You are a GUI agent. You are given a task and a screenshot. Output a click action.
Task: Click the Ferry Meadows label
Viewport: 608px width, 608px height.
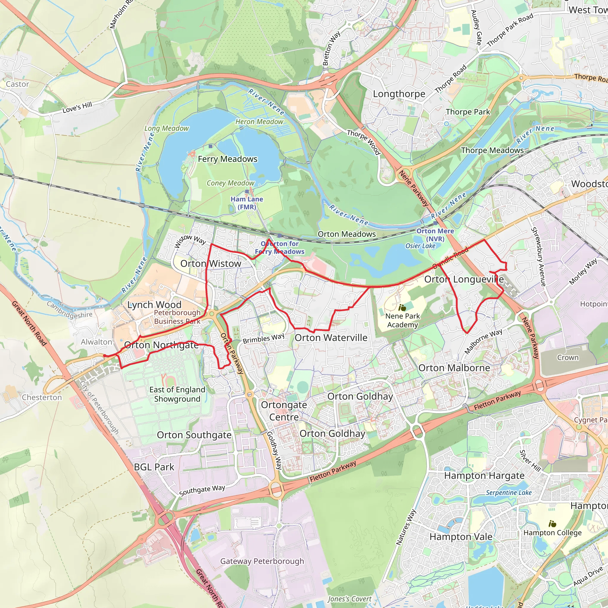pyautogui.click(x=227, y=159)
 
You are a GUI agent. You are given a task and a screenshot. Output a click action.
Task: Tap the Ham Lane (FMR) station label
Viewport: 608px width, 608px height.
pyautogui.click(x=247, y=203)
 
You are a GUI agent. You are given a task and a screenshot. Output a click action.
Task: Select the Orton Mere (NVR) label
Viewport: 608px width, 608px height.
pyautogui.click(x=435, y=235)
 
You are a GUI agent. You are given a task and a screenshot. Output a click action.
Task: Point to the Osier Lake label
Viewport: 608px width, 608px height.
pyautogui.click(x=420, y=246)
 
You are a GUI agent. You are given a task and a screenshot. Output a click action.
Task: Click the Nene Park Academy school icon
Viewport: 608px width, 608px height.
pyautogui.click(x=402, y=308)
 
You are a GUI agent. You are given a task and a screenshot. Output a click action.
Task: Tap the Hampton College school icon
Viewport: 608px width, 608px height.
pyautogui.click(x=552, y=524)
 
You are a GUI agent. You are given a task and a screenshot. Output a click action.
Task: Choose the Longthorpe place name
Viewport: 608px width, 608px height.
pyautogui.click(x=399, y=94)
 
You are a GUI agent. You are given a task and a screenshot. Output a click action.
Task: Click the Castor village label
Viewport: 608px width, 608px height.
pyautogui.click(x=17, y=84)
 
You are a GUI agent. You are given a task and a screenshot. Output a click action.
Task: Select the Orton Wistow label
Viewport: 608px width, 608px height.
pyautogui.click(x=210, y=264)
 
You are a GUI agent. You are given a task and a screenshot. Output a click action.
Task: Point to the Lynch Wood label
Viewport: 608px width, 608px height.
pyautogui.click(x=154, y=305)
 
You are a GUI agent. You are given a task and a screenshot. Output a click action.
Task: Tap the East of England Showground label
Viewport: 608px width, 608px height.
pyautogui.click(x=177, y=394)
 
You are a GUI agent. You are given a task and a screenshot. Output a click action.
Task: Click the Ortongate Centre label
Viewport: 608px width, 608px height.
pyautogui.click(x=284, y=411)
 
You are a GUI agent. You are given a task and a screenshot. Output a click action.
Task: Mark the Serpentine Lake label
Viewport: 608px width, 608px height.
pyautogui.click(x=509, y=493)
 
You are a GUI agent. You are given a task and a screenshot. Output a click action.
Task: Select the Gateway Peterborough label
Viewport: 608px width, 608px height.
pyautogui.click(x=262, y=561)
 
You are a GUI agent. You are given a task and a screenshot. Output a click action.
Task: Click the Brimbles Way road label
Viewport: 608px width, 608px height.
pyautogui.click(x=263, y=339)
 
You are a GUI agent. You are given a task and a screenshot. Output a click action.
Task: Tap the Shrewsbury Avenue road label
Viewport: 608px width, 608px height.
pyautogui.click(x=538, y=257)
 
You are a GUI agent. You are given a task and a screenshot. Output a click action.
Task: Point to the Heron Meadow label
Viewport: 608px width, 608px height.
pyautogui.click(x=259, y=122)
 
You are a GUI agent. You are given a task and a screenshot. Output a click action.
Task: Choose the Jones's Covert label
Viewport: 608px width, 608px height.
pyautogui.click(x=349, y=599)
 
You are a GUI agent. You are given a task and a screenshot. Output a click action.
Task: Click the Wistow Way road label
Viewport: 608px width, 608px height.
pyautogui.click(x=190, y=241)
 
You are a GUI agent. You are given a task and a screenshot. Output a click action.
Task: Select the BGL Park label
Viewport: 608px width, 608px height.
pyautogui.click(x=154, y=467)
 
